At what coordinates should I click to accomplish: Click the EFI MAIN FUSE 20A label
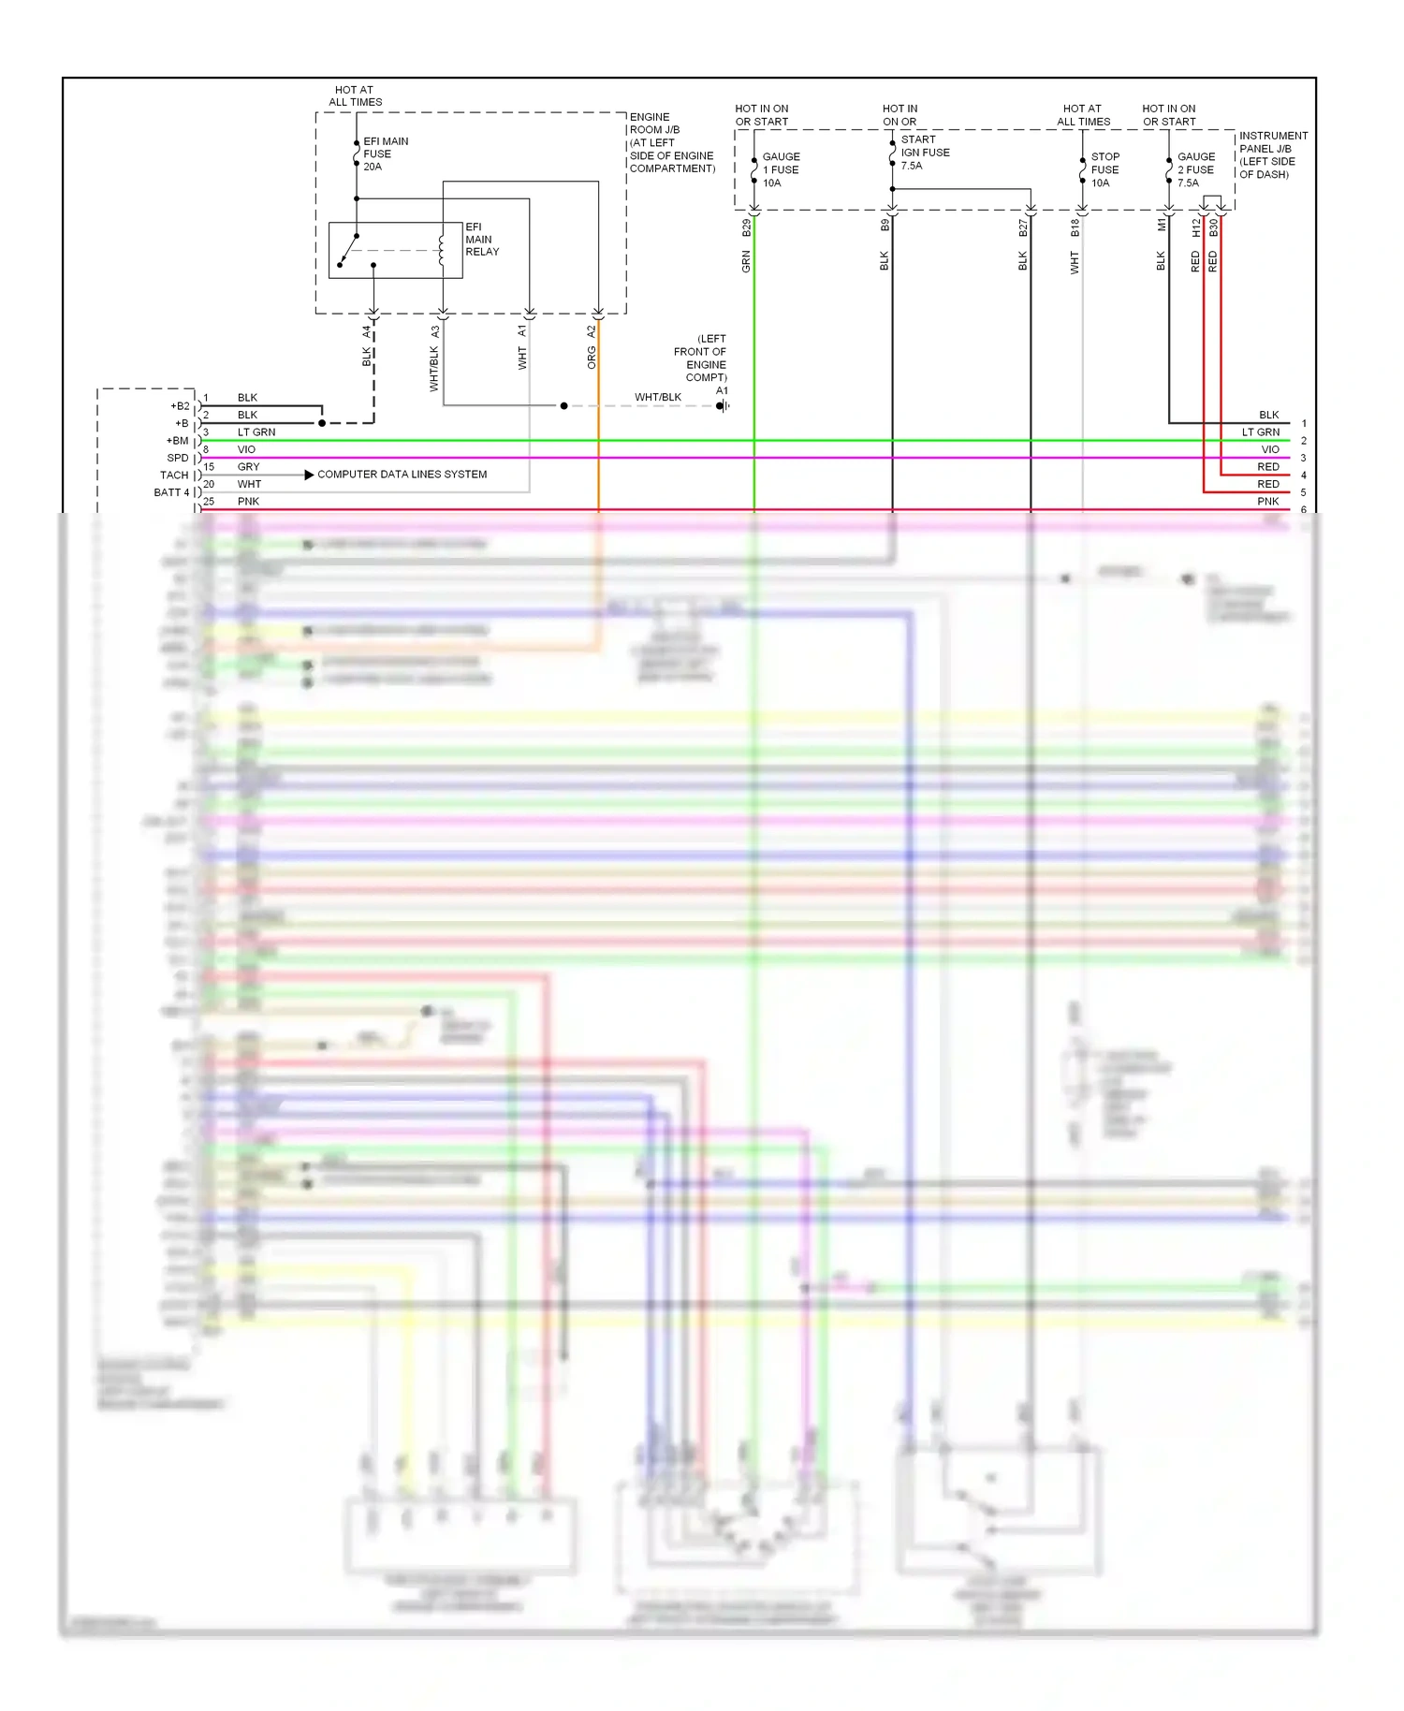pyautogui.click(x=385, y=154)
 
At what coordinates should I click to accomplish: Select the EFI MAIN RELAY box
pyautogui.click(x=395, y=250)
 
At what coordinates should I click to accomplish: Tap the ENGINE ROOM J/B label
pyautogui.click(x=671, y=142)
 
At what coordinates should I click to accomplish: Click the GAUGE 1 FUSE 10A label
pyautogui.click(x=780, y=169)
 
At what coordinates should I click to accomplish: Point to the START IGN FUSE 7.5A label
pyautogui.click(x=924, y=153)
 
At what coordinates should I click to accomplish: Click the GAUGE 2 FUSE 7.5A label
pyautogui.click(x=1195, y=169)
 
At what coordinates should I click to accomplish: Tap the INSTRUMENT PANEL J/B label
pyautogui.click(x=1273, y=154)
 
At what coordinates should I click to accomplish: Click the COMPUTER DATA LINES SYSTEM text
pyautogui.click(x=402, y=475)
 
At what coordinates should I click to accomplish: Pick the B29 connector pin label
pyautogui.click(x=747, y=227)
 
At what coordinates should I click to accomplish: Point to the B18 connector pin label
pyautogui.click(x=1075, y=227)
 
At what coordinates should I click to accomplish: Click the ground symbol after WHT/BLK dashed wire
pyautogui.click(x=723, y=405)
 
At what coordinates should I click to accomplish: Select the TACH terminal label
pyautogui.click(x=174, y=475)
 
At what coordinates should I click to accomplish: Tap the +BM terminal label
pyautogui.click(x=177, y=441)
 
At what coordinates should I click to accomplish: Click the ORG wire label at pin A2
pyautogui.click(x=592, y=357)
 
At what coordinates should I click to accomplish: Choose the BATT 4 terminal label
pyautogui.click(x=171, y=492)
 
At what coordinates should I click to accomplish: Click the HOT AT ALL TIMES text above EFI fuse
pyautogui.click(x=355, y=96)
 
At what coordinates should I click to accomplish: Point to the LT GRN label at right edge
pyautogui.click(x=1260, y=432)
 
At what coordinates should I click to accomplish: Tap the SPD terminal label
pyautogui.click(x=177, y=458)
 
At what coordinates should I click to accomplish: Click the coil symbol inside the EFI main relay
pyautogui.click(x=441, y=249)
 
